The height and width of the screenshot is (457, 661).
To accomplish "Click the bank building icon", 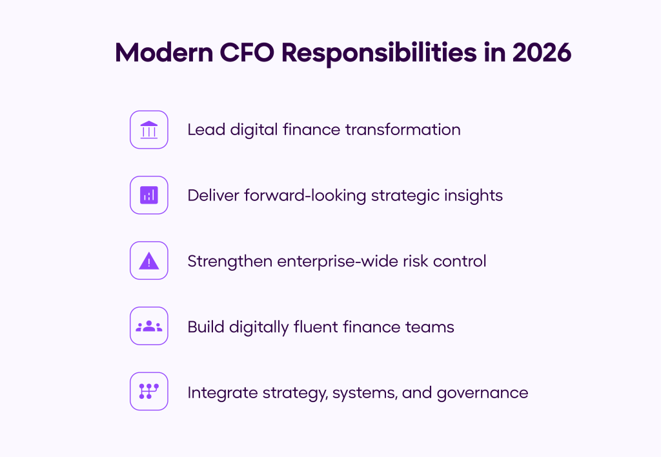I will (149, 130).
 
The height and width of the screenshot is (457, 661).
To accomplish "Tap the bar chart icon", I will (149, 195).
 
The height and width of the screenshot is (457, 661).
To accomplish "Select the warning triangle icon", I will (149, 260).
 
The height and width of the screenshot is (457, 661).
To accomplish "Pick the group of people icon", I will (149, 326).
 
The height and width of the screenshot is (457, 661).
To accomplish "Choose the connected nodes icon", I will (149, 392).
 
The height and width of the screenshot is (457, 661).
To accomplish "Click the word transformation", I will (403, 130).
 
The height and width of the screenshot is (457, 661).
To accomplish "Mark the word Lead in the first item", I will (202, 130).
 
